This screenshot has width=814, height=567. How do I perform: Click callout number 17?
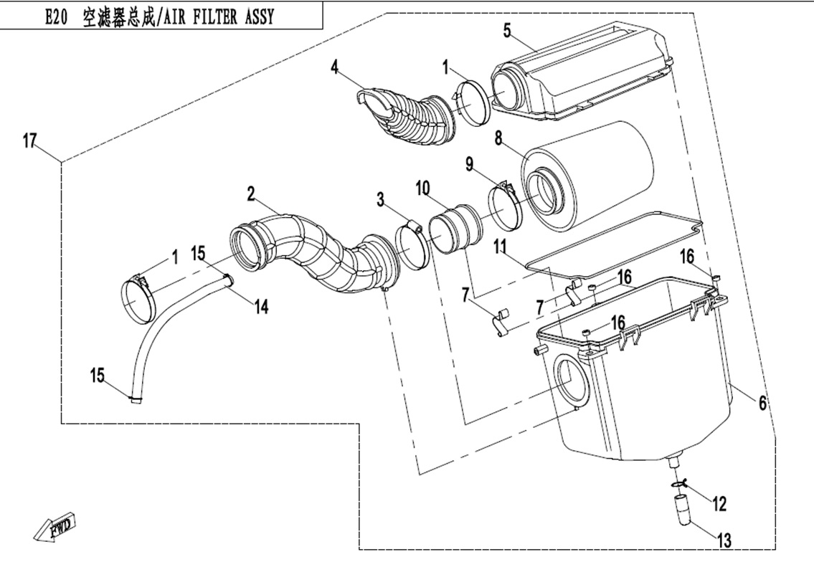click(x=29, y=141)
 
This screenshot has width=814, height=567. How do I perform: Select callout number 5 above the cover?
click(x=507, y=30)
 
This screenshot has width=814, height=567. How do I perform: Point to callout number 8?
click(x=498, y=137)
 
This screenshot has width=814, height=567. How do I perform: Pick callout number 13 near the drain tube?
click(x=724, y=540)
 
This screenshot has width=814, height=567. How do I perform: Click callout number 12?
click(x=719, y=505)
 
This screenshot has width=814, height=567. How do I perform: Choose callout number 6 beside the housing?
click(x=762, y=404)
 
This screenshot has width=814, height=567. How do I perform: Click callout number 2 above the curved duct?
click(x=251, y=193)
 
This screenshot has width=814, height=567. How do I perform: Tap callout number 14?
click(x=261, y=306)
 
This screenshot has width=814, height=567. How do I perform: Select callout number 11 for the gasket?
click(x=500, y=248)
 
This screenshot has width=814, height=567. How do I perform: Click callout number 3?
click(x=381, y=198)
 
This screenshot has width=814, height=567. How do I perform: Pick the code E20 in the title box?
click(x=56, y=17)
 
